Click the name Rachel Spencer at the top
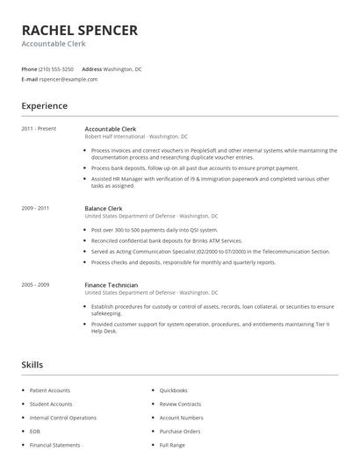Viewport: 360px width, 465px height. click(79, 31)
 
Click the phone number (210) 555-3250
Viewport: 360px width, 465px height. click(56, 68)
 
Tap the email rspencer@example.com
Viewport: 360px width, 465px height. click(68, 79)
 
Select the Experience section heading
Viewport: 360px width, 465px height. click(44, 106)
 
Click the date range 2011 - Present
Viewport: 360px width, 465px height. click(39, 129)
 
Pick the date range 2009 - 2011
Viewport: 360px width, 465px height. click(35, 208)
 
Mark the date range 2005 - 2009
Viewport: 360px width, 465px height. click(35, 284)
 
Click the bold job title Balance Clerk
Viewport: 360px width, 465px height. click(103, 208)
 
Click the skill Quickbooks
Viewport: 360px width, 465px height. click(173, 390)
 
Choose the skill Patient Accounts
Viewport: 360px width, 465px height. click(50, 390)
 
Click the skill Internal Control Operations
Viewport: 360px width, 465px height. click(62, 418)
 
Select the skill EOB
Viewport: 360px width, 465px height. click(35, 431)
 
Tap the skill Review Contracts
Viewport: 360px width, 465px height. click(180, 404)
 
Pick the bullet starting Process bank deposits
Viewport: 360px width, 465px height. click(194, 168)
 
